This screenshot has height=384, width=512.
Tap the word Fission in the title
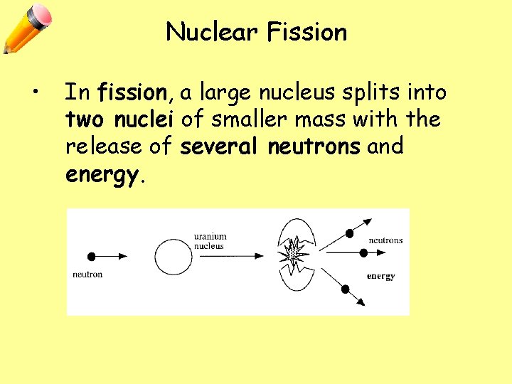(307, 32)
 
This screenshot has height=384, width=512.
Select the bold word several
(221, 146)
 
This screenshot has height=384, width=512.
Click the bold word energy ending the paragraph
(102, 175)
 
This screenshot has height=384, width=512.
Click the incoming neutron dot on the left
(91, 256)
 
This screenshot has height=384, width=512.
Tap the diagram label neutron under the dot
(88, 274)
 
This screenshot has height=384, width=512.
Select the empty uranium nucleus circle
(174, 256)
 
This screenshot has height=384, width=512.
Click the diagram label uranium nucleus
(210, 242)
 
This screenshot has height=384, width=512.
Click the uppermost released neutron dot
(349, 233)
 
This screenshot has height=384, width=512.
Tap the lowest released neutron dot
(345, 289)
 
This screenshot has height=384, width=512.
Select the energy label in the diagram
(380, 276)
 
